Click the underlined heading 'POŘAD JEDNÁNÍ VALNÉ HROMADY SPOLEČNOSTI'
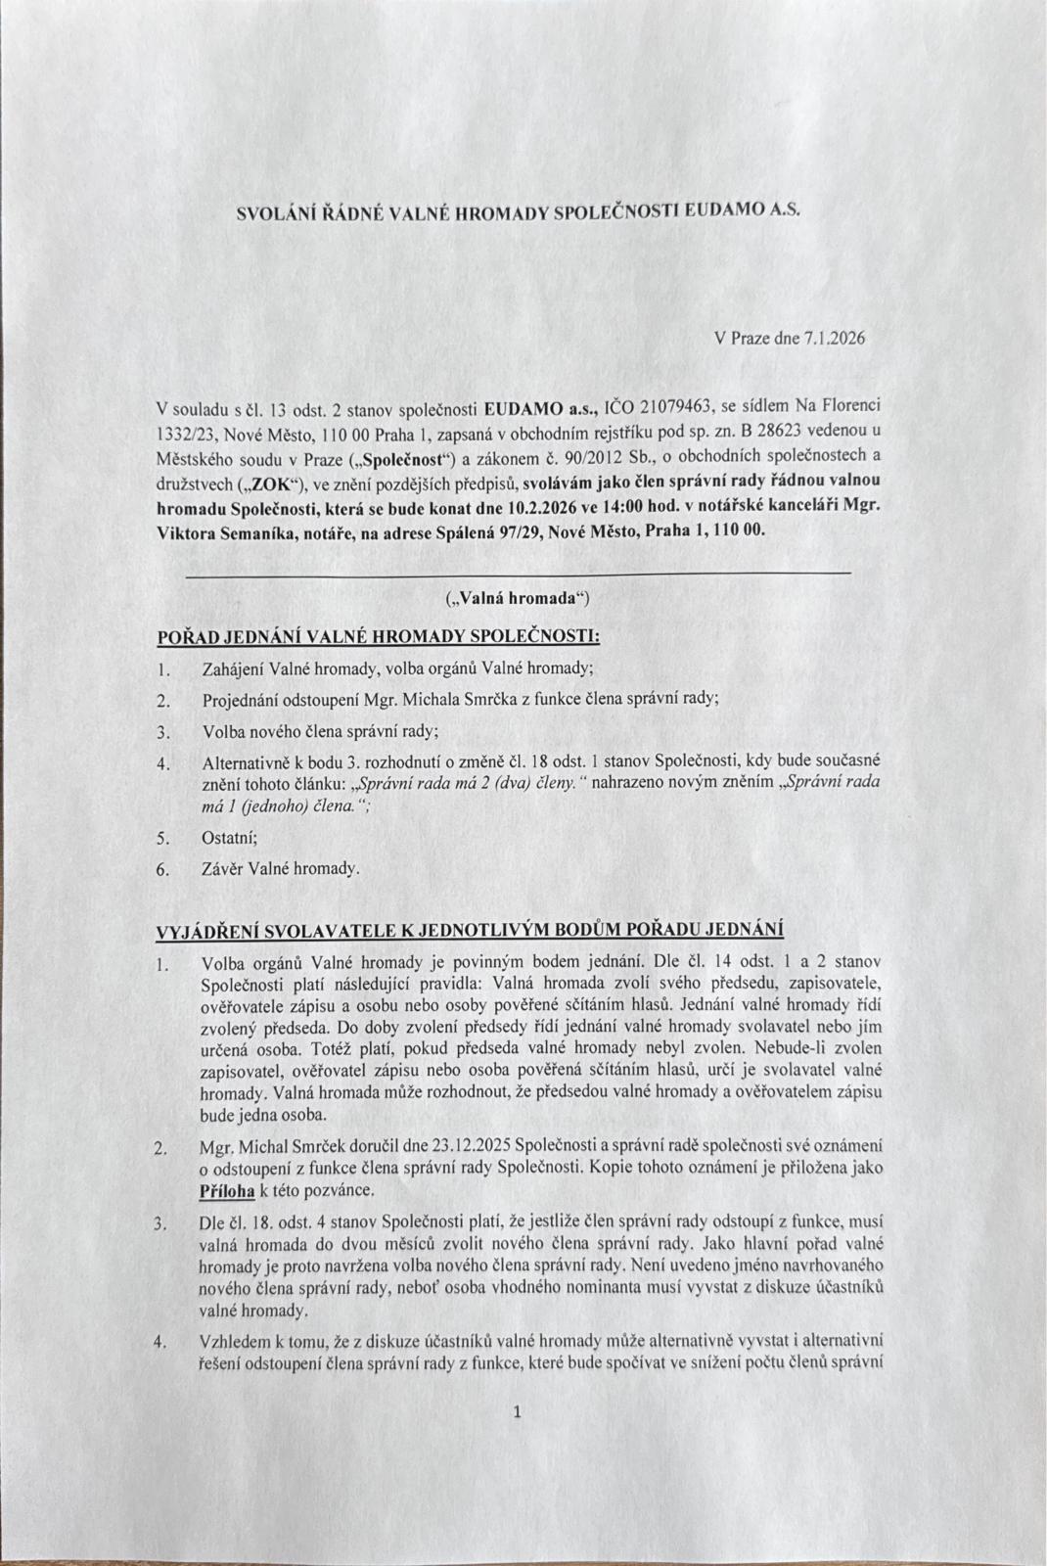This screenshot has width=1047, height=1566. coord(379,636)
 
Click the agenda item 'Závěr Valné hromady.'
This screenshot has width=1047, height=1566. coord(281,869)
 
